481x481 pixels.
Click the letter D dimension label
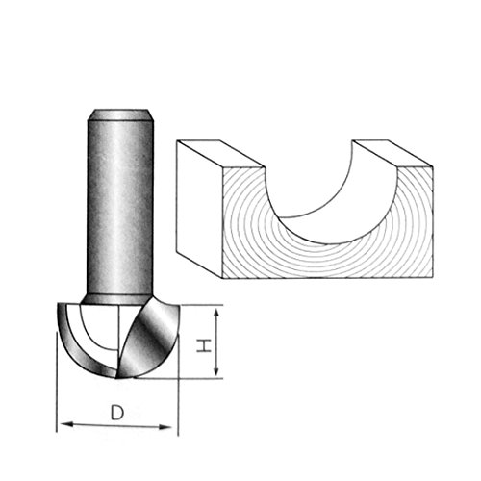(x=116, y=413)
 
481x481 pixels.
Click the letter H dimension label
(x=205, y=343)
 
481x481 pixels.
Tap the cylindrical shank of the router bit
(x=121, y=202)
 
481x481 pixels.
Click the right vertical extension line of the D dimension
(x=180, y=404)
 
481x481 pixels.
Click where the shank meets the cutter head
(x=121, y=299)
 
